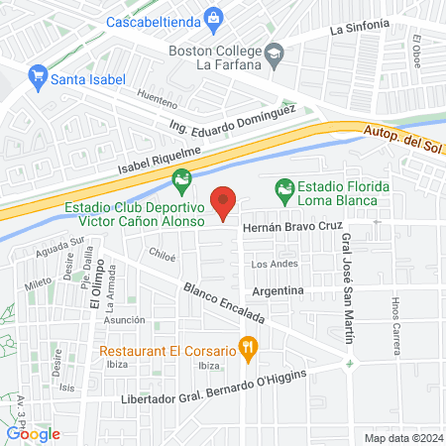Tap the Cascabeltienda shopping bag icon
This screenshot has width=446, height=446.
214,18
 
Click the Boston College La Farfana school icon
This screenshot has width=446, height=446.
275,55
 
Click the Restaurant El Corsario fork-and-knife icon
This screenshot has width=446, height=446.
249,348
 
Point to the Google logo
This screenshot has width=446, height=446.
33,433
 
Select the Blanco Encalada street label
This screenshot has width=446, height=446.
224,302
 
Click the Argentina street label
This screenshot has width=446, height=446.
277,290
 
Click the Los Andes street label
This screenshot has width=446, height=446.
275,264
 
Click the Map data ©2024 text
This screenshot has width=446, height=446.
402,437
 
